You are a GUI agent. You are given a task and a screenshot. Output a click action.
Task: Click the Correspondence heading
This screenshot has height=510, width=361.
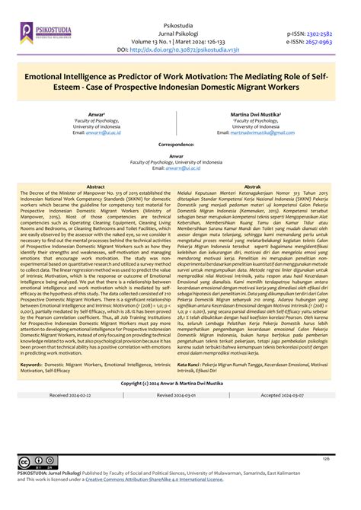coord(180,143)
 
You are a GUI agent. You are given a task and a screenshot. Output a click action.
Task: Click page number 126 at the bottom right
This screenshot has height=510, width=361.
coord(325,458)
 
